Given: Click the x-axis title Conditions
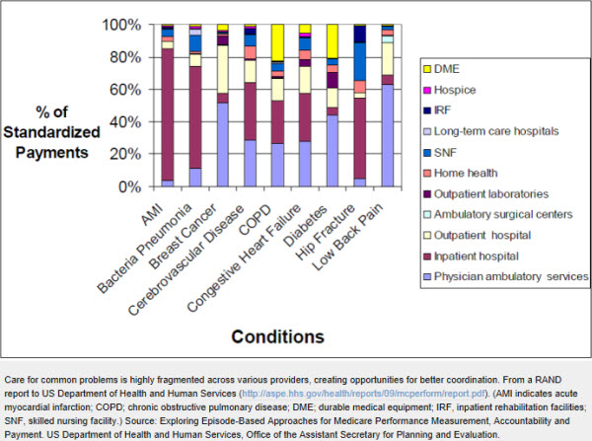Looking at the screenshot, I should coord(277,337).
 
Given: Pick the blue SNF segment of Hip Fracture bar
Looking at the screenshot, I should coord(360,61).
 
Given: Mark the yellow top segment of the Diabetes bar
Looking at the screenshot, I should coord(333,40).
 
